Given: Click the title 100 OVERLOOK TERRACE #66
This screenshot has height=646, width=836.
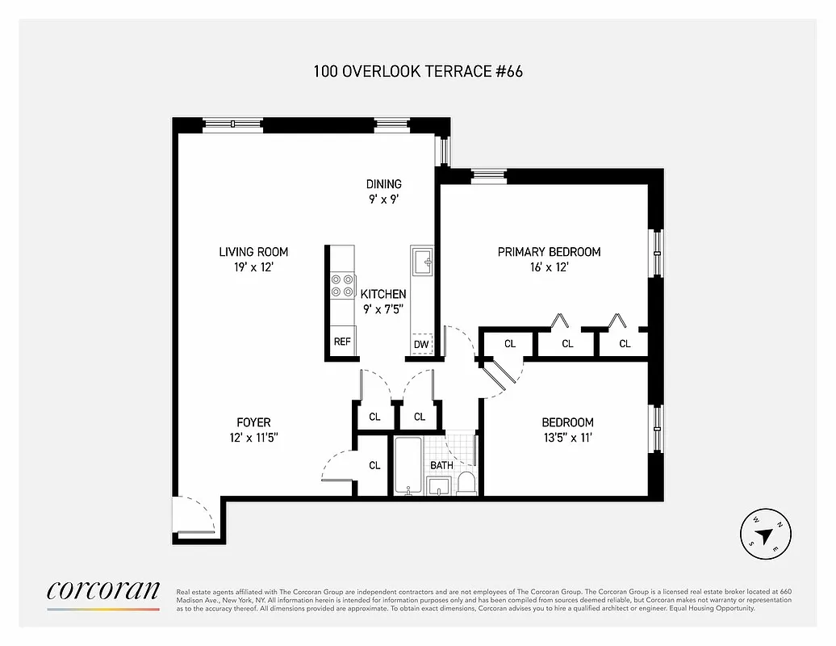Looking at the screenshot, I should tap(418, 71).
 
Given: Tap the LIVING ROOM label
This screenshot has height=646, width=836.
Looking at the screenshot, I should tap(253, 252).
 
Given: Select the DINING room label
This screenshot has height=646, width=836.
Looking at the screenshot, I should tap(383, 184).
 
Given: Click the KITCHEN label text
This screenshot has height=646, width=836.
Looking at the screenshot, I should tap(383, 294).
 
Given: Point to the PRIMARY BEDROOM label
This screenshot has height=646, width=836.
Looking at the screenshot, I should tap(549, 252).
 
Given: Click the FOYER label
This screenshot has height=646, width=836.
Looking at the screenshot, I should tap(253, 422).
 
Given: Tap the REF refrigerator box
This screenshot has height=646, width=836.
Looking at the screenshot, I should tap(342, 342).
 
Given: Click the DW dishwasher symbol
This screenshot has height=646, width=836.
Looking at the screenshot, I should tap(421, 344).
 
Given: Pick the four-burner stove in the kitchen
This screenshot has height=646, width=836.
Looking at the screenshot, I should tap(342, 287).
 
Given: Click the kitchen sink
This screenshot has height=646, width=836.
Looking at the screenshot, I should tap(422, 262).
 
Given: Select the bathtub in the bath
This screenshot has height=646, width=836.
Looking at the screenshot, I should tap(408, 466).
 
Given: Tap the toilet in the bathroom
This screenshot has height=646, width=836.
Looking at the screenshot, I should tap(466, 483).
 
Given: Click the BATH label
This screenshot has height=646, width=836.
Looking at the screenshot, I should tap(441, 465).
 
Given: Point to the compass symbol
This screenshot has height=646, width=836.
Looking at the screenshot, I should tap(766, 534).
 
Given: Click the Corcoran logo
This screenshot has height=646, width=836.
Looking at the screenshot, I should tap(103, 591).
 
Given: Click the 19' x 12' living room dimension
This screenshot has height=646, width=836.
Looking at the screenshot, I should tap(253, 267).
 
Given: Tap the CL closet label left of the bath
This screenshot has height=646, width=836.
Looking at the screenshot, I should tap(374, 465).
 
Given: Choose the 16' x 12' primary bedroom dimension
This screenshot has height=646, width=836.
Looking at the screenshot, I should tap(549, 267).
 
